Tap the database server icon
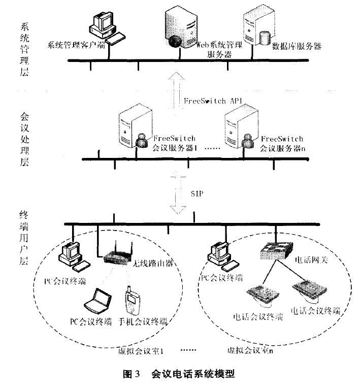point(256,28)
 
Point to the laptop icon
point(96,302)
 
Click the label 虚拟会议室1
point(137,350)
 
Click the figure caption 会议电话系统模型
point(192,375)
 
